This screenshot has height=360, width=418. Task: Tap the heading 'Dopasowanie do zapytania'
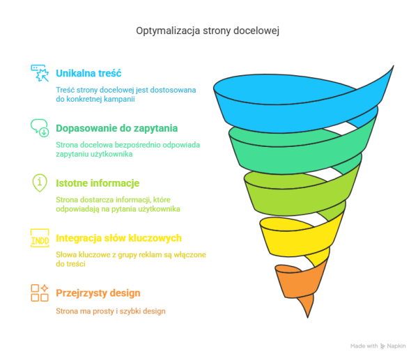tap(116, 128)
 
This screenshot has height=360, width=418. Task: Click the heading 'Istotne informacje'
tap(98, 183)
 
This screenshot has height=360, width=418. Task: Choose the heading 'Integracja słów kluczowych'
tap(118, 238)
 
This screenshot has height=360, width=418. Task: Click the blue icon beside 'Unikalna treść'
tap(39, 73)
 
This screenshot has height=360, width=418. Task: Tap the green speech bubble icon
tap(39, 127)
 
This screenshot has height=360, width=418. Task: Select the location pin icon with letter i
tap(39, 183)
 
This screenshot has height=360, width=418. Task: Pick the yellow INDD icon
tap(39, 238)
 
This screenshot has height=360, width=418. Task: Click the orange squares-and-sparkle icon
tap(39, 292)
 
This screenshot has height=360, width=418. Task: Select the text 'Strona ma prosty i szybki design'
tap(111, 311)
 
